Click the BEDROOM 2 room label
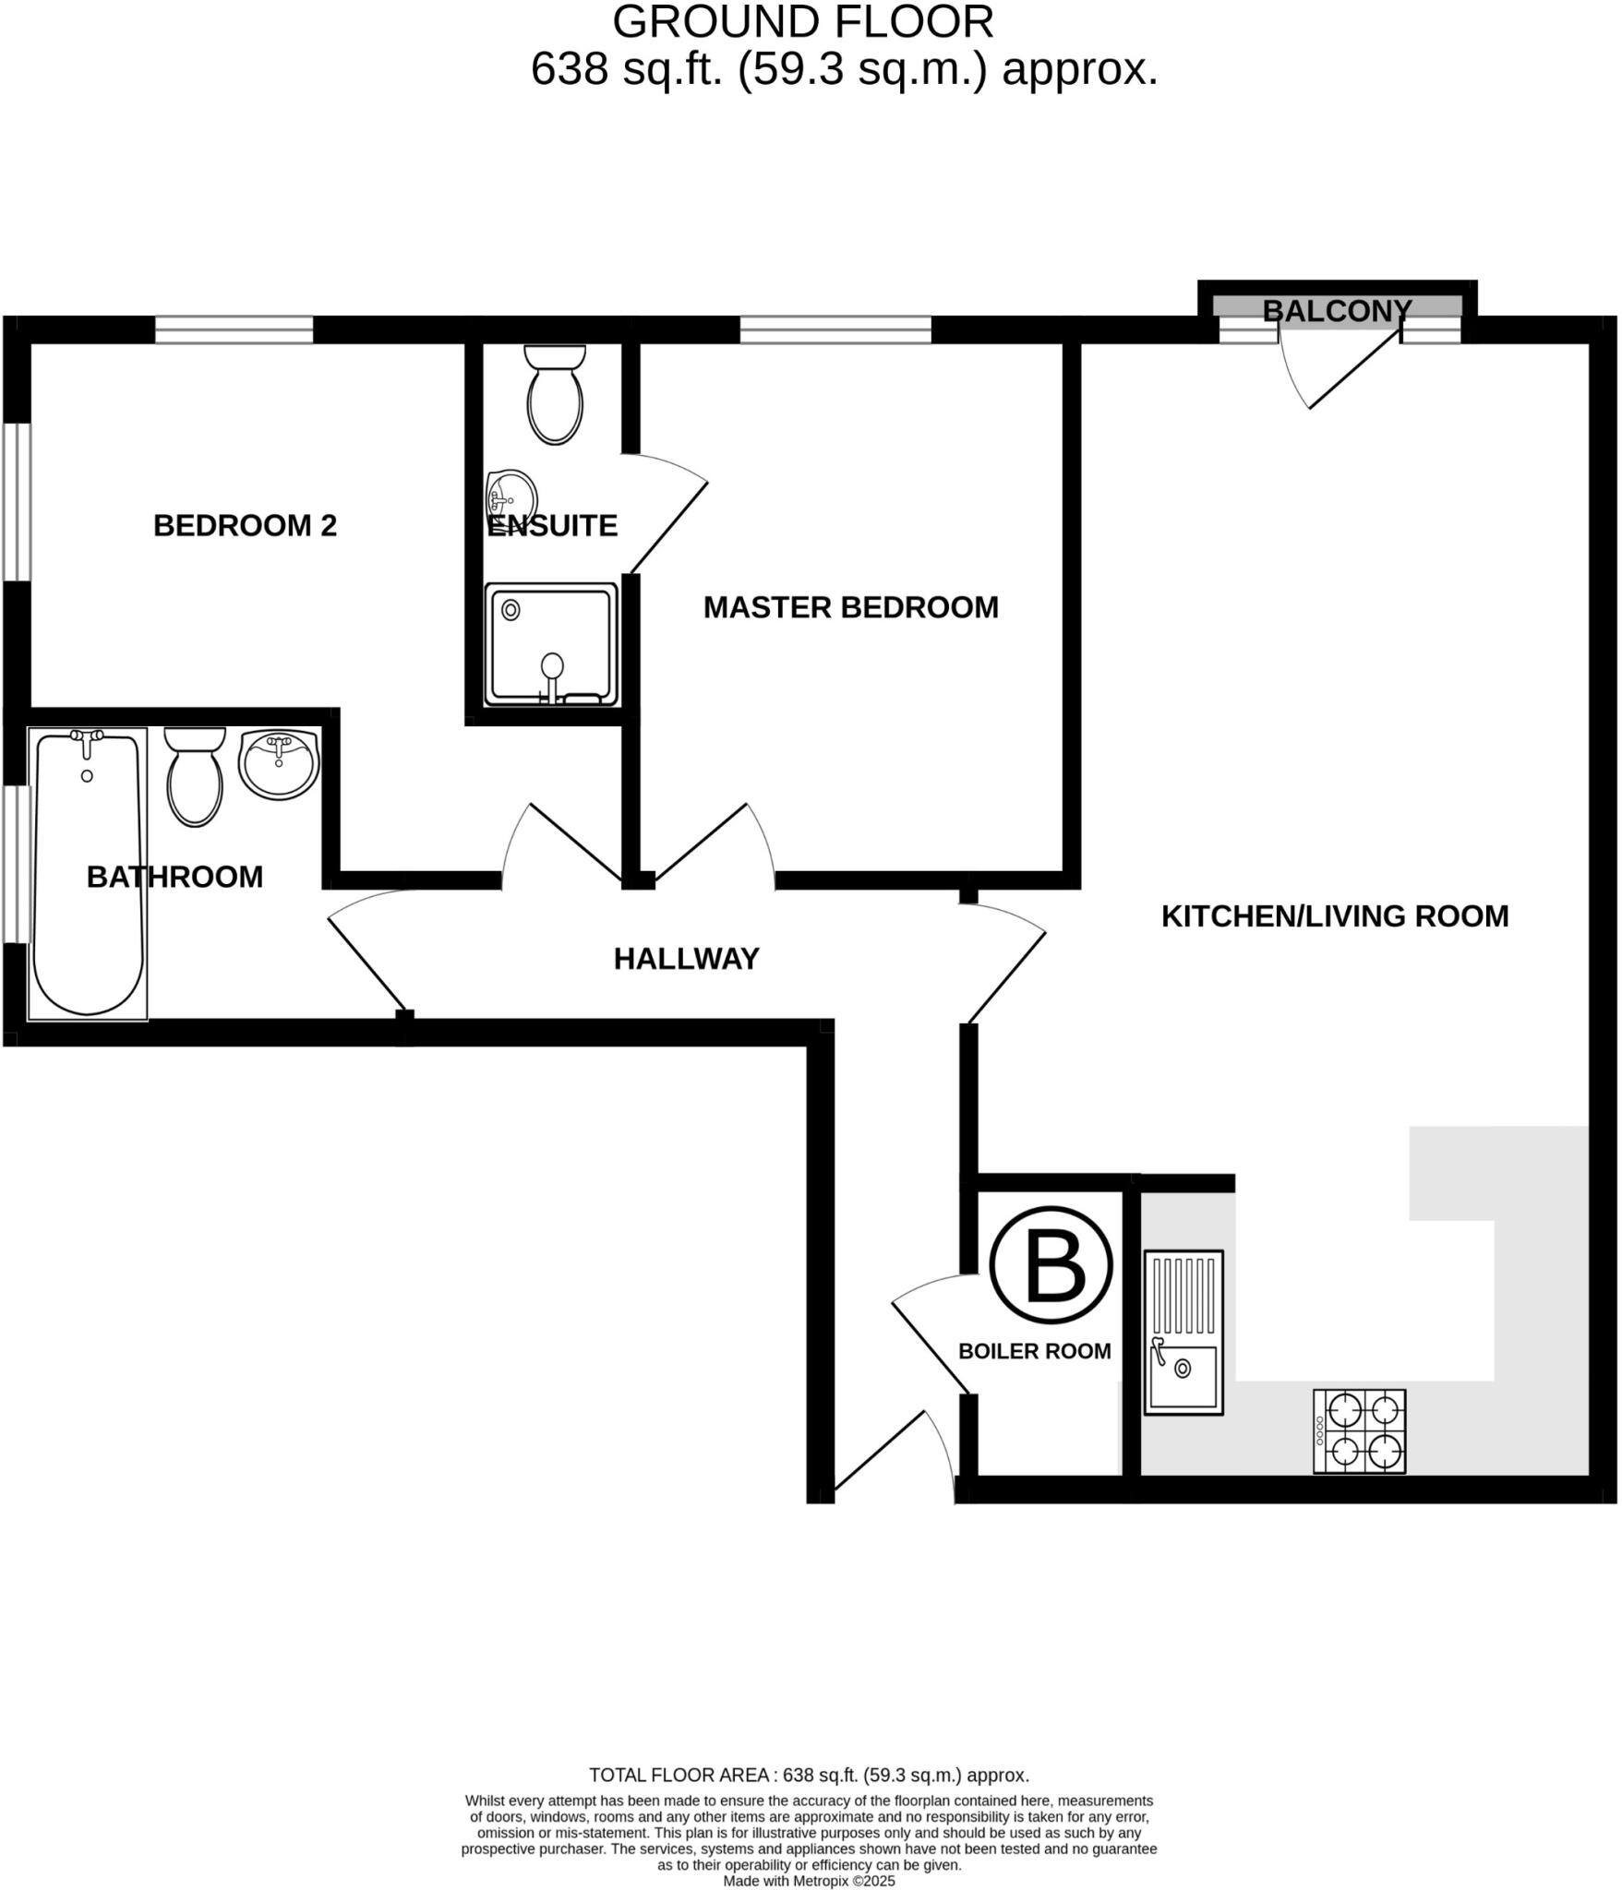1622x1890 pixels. (245, 526)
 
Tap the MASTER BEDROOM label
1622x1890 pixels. (850, 607)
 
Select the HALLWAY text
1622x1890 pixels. (686, 959)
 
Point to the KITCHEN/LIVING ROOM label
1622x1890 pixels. (1334, 916)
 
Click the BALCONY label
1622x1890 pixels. (1336, 311)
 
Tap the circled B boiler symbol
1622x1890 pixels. (1051, 1265)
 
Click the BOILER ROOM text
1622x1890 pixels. (1034, 1351)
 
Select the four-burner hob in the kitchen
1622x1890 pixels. (1359, 1430)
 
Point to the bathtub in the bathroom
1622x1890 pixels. (88, 872)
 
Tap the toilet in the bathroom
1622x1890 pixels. (195, 777)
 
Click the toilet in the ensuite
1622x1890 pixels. (555, 395)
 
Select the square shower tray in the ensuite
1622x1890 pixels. (552, 645)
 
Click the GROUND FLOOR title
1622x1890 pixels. (803, 22)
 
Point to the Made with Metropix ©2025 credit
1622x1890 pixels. (809, 1881)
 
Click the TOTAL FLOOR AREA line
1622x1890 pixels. (809, 1775)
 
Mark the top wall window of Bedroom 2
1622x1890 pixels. (234, 329)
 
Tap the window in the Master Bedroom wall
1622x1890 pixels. (835, 329)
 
